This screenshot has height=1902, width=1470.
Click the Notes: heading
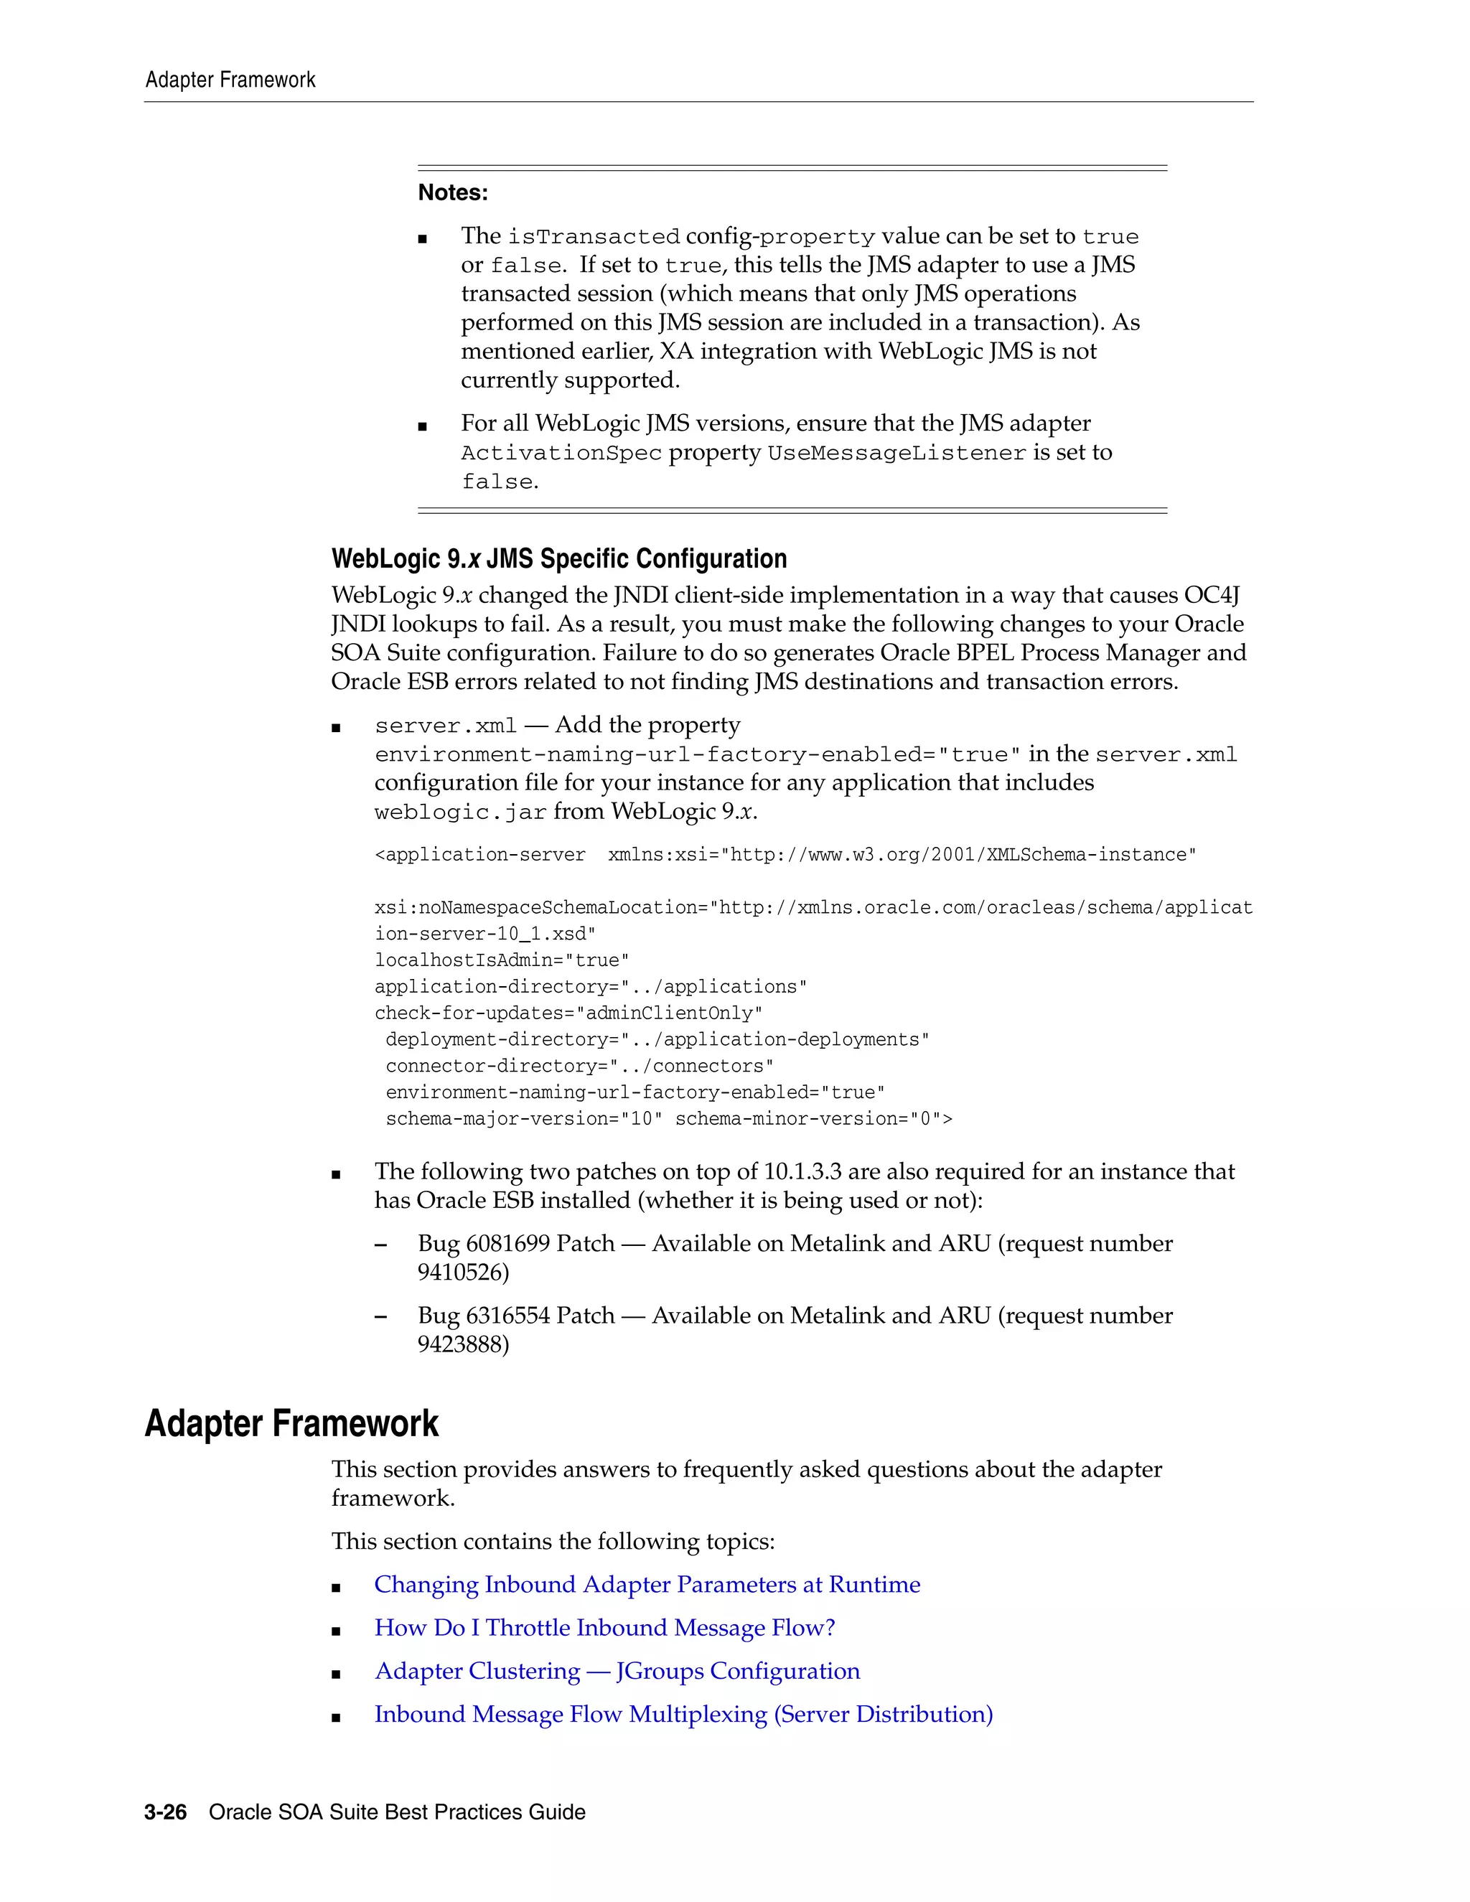point(452,192)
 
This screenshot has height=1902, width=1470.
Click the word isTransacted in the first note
point(593,237)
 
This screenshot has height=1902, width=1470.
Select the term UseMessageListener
point(896,453)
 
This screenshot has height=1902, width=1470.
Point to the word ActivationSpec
point(561,453)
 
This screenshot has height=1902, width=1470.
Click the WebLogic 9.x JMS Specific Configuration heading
point(558,558)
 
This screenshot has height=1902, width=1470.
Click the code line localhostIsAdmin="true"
point(502,960)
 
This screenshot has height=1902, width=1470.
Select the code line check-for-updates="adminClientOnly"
point(568,1013)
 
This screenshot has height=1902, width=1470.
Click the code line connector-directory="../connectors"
point(579,1066)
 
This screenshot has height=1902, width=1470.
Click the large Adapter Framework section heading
point(291,1423)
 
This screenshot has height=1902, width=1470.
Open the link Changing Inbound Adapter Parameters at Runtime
point(646,1584)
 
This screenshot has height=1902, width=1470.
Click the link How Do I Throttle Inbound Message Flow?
point(604,1628)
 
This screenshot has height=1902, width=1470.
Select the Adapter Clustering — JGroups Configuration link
point(617,1670)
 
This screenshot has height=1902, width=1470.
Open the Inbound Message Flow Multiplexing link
point(683,1714)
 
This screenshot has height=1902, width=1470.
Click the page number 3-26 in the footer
point(166,1812)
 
